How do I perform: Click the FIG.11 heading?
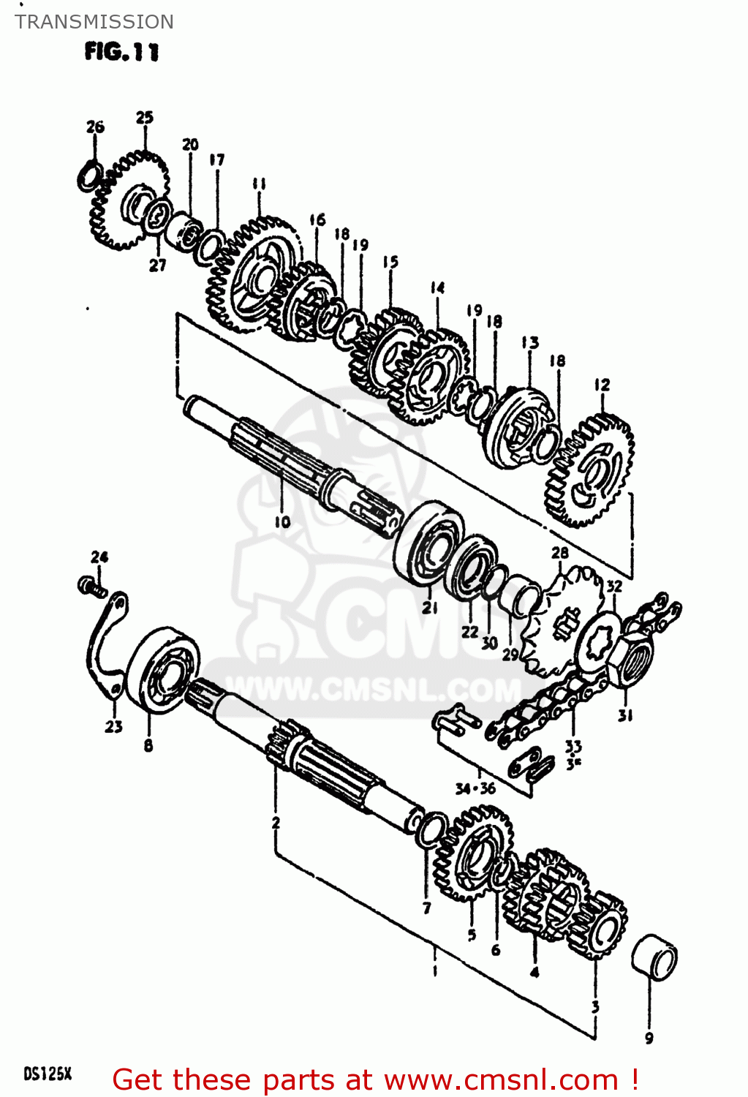(x=121, y=52)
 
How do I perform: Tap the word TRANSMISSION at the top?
(x=94, y=22)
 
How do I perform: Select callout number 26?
(x=96, y=127)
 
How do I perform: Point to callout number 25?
(x=145, y=117)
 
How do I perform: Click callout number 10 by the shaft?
(x=282, y=521)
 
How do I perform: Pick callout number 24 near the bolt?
(x=99, y=557)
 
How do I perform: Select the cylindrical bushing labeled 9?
(x=654, y=957)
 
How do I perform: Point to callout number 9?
(x=649, y=1037)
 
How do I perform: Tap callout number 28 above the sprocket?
(x=560, y=553)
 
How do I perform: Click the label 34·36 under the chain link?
(x=475, y=788)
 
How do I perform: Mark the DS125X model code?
(x=48, y=1074)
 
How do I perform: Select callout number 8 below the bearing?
(x=148, y=745)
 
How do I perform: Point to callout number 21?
(x=430, y=608)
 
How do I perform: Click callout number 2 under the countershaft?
(x=276, y=822)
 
